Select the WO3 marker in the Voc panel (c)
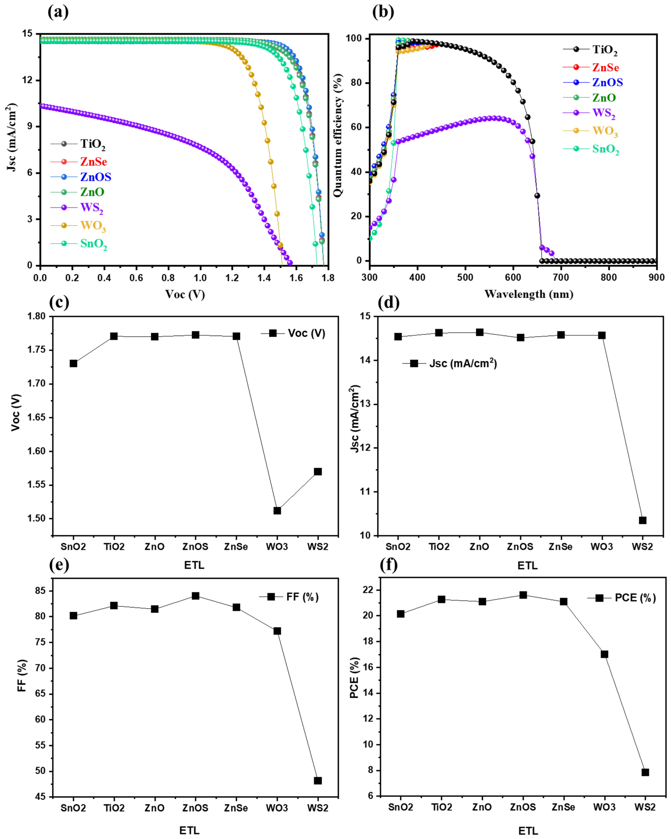tap(277, 511)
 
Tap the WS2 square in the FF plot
tap(318, 781)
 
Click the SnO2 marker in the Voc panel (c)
tap(73, 363)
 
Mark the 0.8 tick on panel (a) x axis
tap(168, 278)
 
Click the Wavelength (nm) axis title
tap(528, 294)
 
